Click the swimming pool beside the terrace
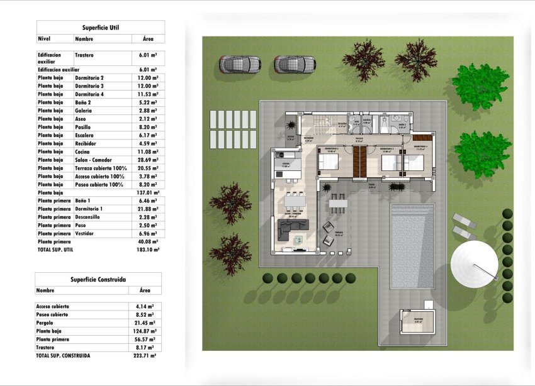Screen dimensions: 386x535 (412, 245)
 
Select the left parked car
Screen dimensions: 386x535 (240, 64)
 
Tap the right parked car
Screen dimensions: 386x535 (295, 64)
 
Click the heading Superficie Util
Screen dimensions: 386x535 (101, 28)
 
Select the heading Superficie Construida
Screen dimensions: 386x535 (98, 279)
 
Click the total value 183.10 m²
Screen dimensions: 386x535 (149, 250)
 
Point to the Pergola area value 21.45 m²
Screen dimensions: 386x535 (146, 323)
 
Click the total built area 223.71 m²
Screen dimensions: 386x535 (145, 355)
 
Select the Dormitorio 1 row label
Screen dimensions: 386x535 (89, 209)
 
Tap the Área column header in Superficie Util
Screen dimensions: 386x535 (149, 38)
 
